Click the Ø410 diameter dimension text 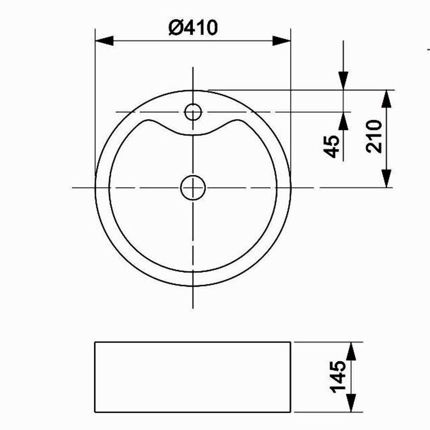click(193, 28)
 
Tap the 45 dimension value click(332, 147)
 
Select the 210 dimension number click(374, 136)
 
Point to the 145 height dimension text click(338, 377)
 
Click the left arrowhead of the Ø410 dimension click(104, 41)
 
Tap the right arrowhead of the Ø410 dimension click(281, 41)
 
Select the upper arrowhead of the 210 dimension click(387, 99)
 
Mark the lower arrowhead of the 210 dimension click(387, 178)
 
